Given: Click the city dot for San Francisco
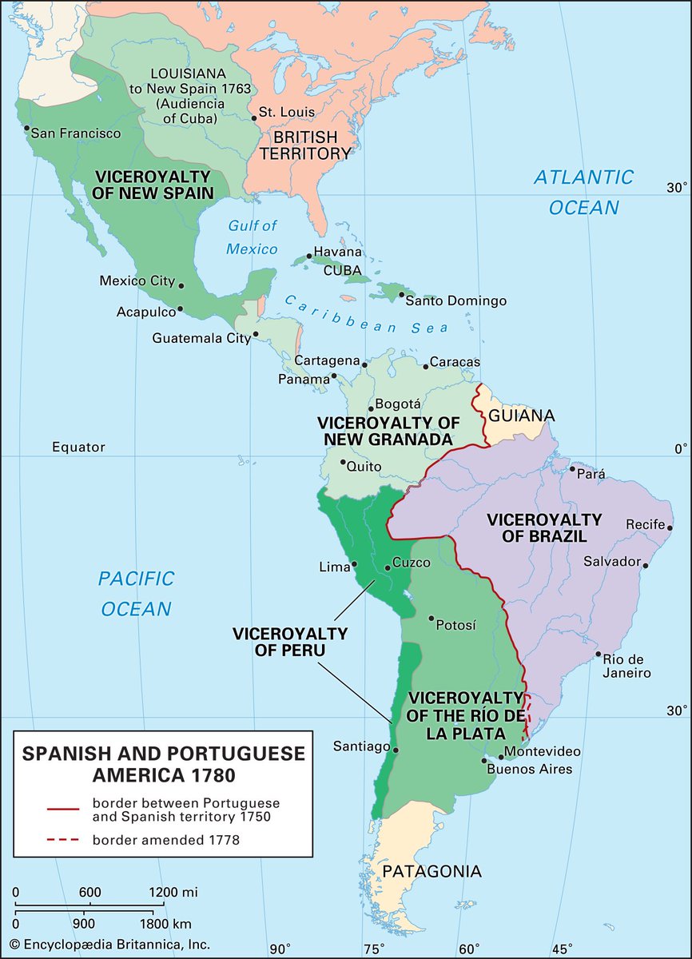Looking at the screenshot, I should point(27,128).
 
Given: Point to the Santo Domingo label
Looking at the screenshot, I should point(455,301).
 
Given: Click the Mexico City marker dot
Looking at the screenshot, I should point(182,285).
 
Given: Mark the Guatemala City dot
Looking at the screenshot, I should point(256,334).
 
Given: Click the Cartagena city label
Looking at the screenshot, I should point(326,360).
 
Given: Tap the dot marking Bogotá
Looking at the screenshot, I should point(370,408).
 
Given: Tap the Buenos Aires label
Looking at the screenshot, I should point(530,769).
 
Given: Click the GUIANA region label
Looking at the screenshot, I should point(522,416).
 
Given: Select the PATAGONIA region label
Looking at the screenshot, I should point(432,870).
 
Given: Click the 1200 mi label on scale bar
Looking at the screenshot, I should point(173,892).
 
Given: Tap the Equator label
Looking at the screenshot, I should point(78,447).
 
